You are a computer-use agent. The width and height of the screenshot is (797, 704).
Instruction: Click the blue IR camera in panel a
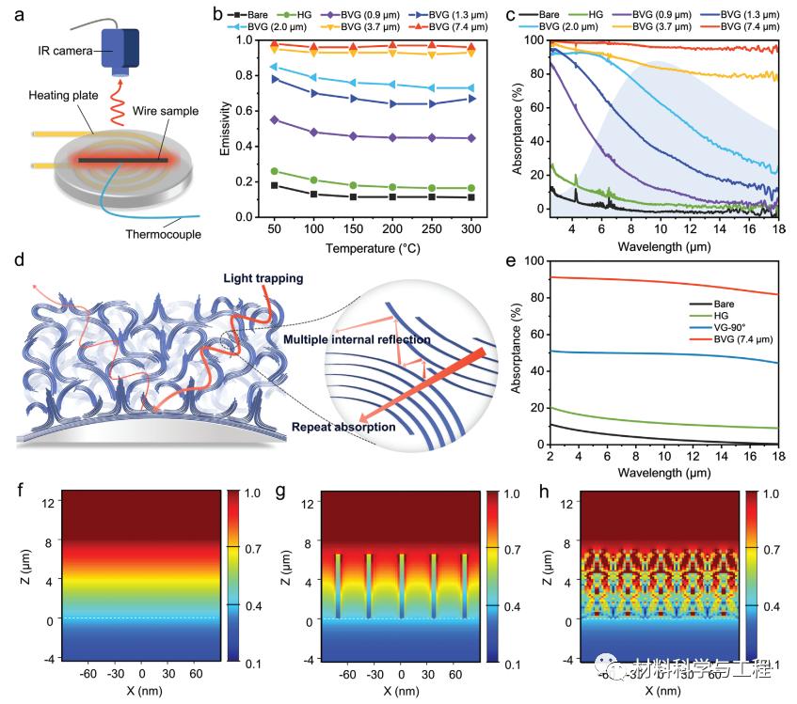tap(120, 48)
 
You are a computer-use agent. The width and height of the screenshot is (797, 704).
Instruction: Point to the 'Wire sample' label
tap(167, 112)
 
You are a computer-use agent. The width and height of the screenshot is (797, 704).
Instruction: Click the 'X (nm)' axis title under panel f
tap(141, 691)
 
